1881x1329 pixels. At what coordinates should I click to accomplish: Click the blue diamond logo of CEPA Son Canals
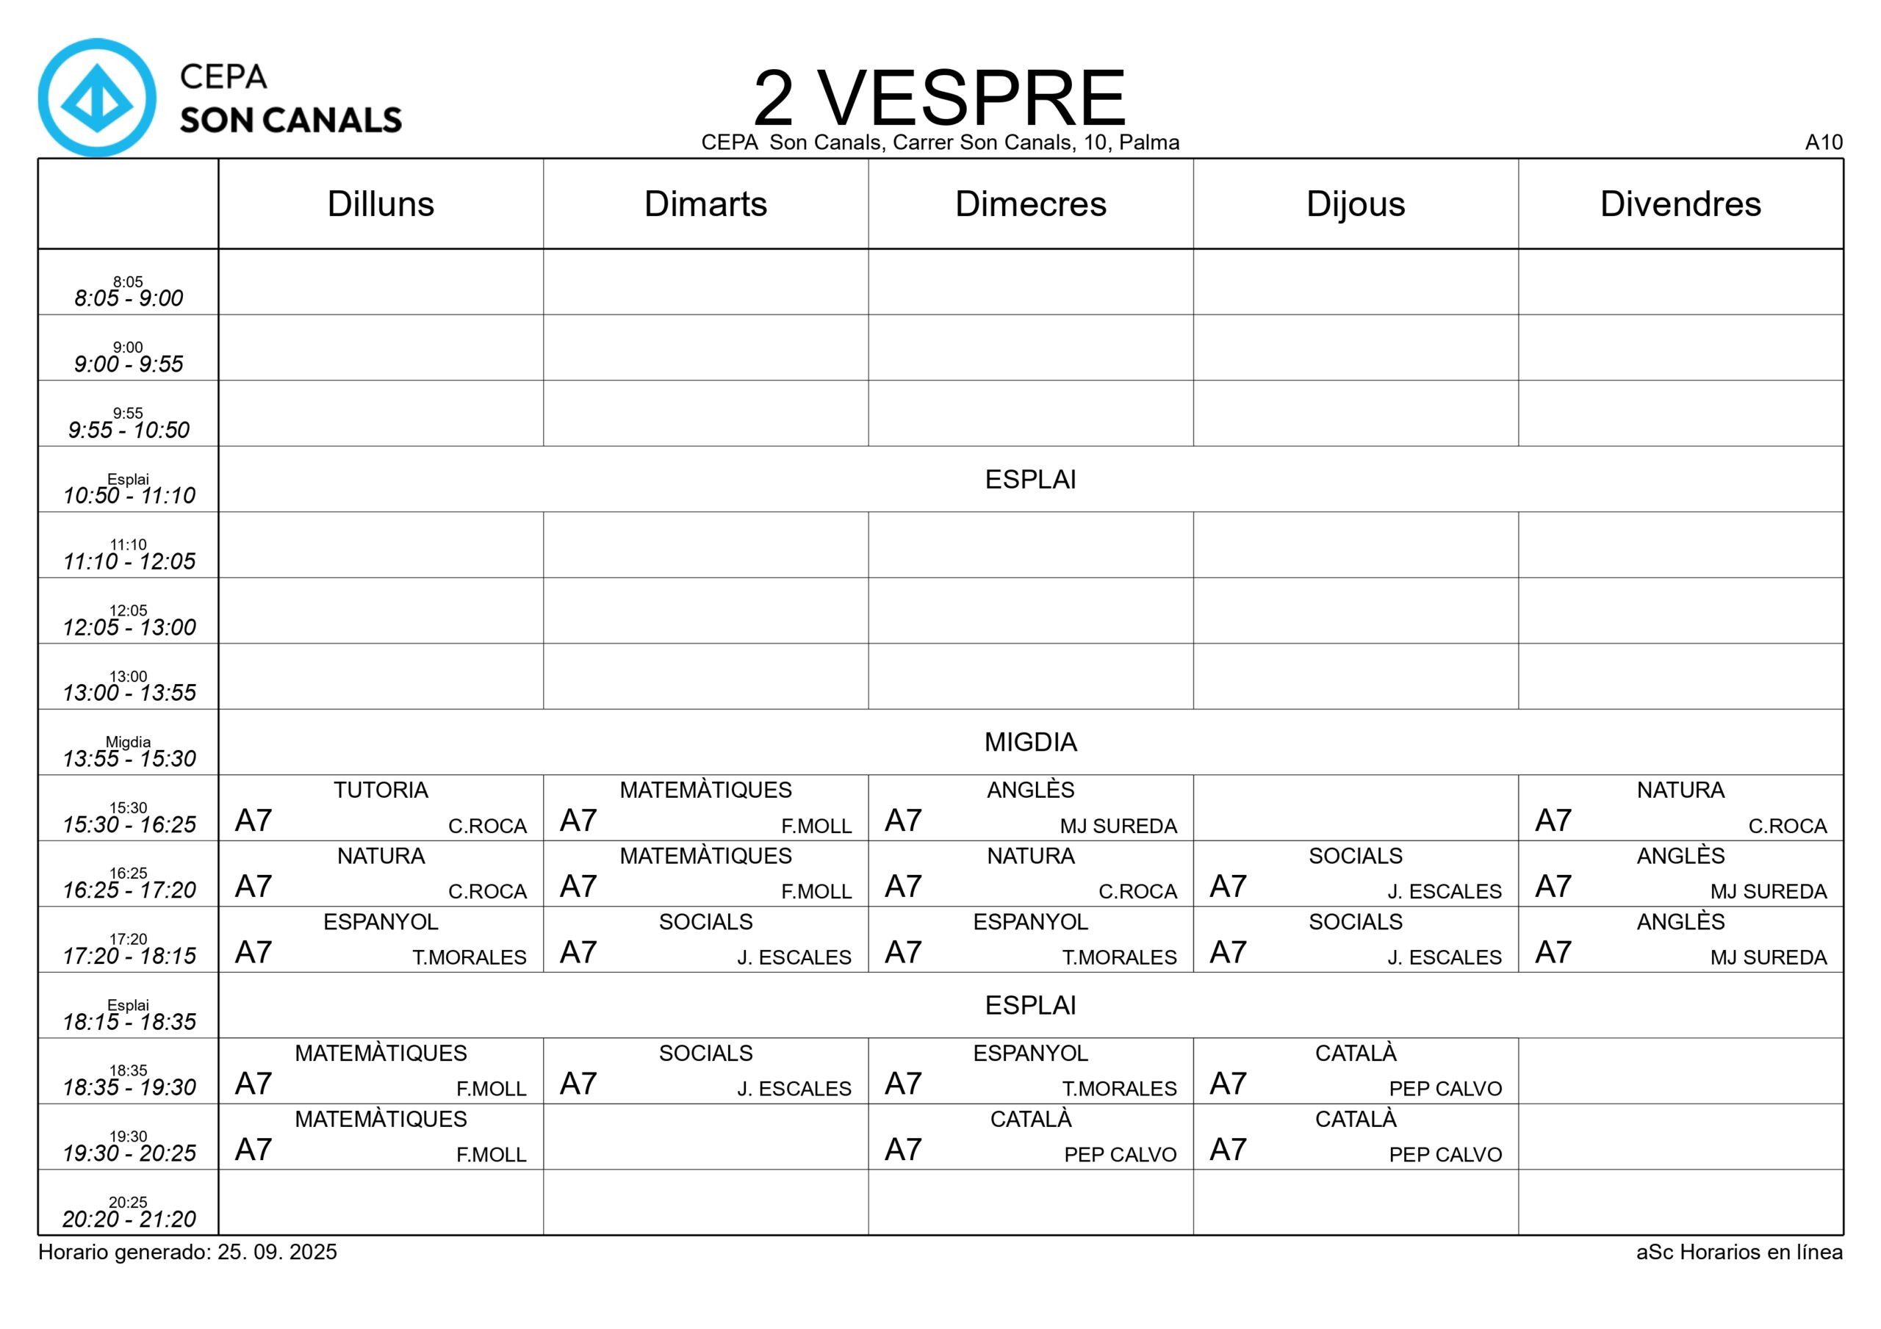tap(97, 98)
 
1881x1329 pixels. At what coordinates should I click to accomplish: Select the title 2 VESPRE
tap(939, 97)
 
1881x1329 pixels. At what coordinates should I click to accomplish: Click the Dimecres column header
tap(1030, 204)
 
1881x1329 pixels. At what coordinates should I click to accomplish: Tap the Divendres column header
tap(1680, 204)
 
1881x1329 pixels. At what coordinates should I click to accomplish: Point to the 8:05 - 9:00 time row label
tap(129, 298)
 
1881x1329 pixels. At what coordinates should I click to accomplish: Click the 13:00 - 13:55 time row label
tap(129, 692)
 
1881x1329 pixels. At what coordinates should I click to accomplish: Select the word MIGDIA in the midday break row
tap(1030, 742)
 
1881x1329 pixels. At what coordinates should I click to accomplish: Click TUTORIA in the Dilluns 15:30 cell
tap(380, 790)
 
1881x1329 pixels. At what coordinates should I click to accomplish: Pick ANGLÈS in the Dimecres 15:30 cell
tap(1030, 790)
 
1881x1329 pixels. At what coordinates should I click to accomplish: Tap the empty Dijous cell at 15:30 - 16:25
tap(1355, 808)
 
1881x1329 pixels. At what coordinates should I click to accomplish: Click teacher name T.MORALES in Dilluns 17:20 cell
tap(469, 957)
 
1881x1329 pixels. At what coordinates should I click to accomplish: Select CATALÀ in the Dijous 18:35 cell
tap(1355, 1053)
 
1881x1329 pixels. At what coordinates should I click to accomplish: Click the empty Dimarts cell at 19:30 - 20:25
tap(705, 1137)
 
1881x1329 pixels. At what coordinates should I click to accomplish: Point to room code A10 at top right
tap(1823, 143)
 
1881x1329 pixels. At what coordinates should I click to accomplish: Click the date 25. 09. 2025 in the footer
tap(277, 1252)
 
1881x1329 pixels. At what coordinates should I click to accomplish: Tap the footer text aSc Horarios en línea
tap(1738, 1252)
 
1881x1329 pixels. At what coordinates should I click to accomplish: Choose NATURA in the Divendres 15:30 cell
tap(1680, 790)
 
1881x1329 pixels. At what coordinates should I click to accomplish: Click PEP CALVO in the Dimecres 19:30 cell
tap(1119, 1154)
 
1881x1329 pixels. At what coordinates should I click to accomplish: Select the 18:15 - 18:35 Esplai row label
tap(129, 1022)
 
